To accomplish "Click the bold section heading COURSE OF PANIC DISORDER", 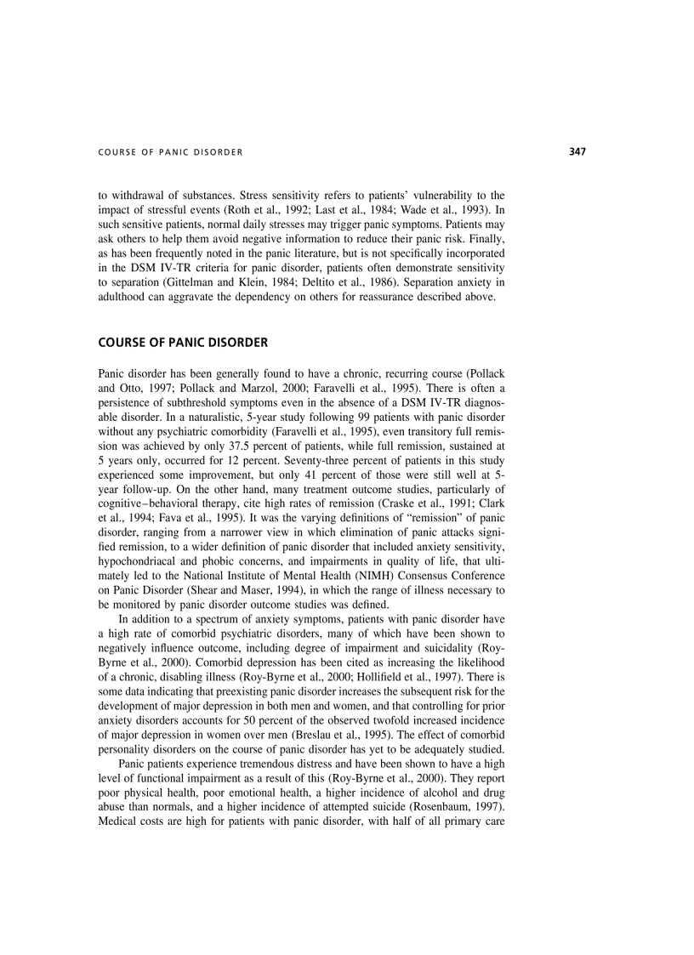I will coord(183,343).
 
